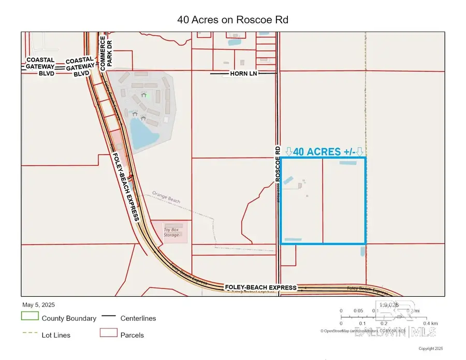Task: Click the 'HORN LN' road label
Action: coord(243,74)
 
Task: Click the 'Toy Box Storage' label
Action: coord(171,232)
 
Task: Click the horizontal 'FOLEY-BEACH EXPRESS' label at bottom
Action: coord(260,287)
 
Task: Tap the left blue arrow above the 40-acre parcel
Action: coord(289,151)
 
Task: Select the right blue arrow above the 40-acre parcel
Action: coord(360,151)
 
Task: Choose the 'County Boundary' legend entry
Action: coord(69,318)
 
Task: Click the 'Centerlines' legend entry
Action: coord(138,318)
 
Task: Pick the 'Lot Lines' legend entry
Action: coord(56,335)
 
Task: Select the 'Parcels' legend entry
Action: coord(132,335)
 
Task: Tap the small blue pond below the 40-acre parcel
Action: coord(362,252)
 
